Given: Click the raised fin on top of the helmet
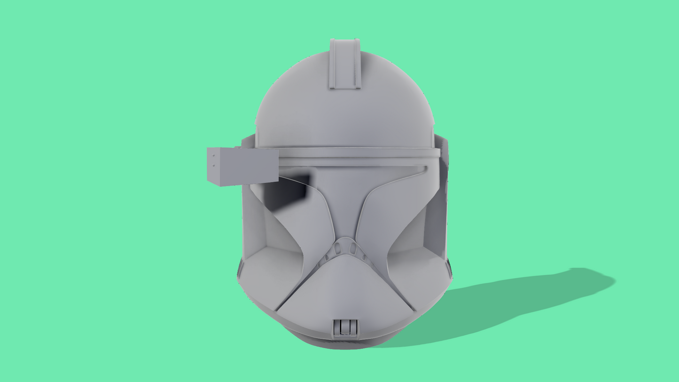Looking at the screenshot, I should pyautogui.click(x=345, y=64).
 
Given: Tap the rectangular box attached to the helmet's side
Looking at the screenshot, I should pyautogui.click(x=242, y=165).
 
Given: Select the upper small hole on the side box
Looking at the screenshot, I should pyautogui.click(x=214, y=156).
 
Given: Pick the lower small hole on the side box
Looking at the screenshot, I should pyautogui.click(x=214, y=165).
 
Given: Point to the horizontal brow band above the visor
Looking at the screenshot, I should pyautogui.click(x=357, y=153).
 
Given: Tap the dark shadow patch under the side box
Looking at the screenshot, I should pyautogui.click(x=287, y=190).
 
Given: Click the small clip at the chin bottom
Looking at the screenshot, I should pyautogui.click(x=345, y=327).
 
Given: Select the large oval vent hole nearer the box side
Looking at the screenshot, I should pyautogui.click(x=337, y=249).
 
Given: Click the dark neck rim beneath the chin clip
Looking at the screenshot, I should pyautogui.click(x=345, y=343).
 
